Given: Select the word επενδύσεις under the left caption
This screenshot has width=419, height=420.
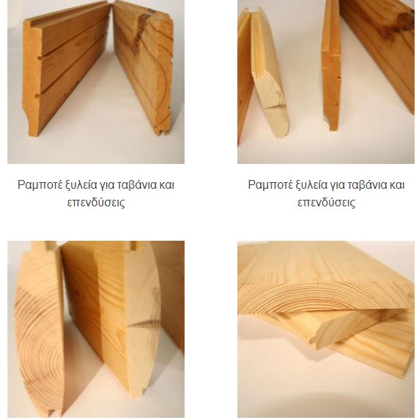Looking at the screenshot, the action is [96, 203].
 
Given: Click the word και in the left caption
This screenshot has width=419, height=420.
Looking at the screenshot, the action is [167, 185].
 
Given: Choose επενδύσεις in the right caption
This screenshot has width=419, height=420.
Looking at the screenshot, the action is [326, 203].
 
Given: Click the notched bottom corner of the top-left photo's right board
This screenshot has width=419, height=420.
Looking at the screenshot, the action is [162, 130].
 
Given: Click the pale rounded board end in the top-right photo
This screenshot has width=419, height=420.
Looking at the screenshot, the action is [271, 105].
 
